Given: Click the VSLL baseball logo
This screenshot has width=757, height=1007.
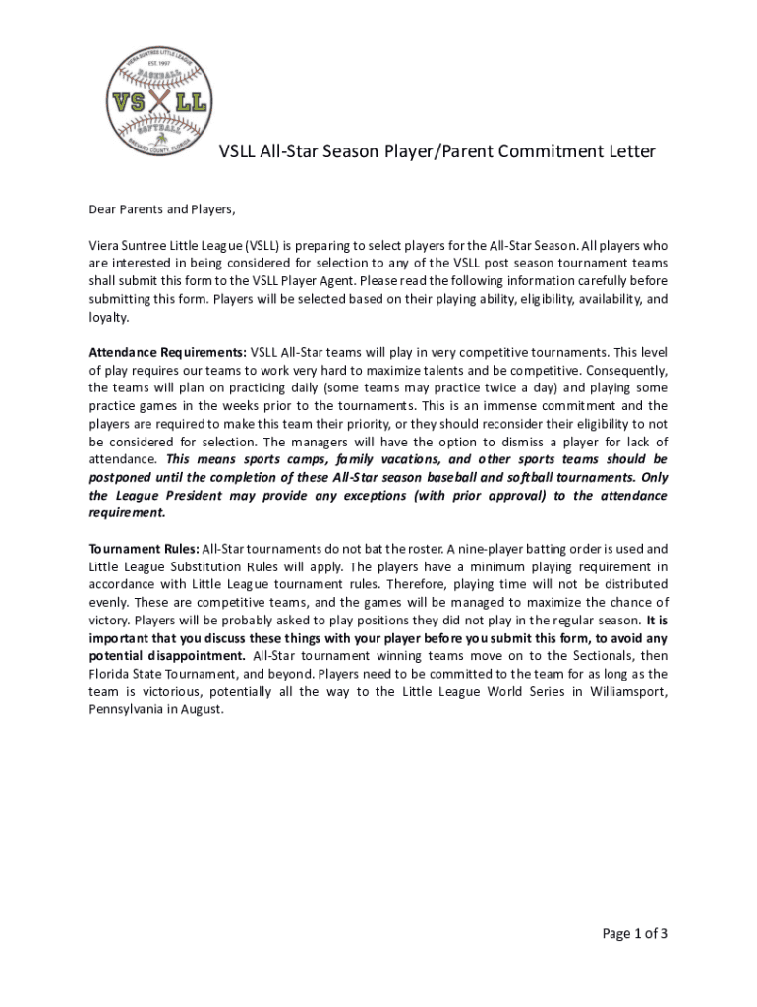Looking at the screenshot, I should (159, 98).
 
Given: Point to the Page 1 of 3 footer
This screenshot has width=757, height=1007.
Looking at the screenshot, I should (635, 934).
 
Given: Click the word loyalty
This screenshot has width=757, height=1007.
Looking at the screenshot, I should (108, 317).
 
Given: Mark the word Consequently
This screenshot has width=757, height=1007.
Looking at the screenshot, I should (624, 370).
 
